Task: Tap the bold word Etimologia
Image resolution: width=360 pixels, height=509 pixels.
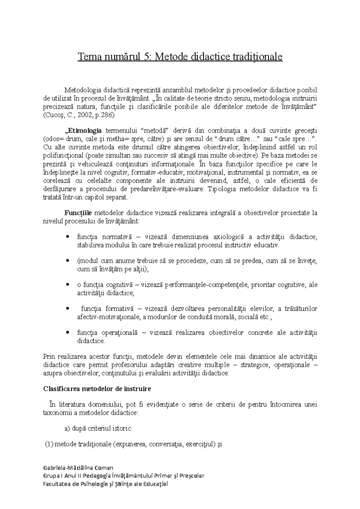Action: [83, 131]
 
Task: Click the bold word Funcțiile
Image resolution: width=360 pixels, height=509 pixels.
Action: [79, 213]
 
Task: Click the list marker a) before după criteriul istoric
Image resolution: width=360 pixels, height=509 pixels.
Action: [67, 428]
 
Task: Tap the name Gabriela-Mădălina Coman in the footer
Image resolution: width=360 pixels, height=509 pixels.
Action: [78, 468]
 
